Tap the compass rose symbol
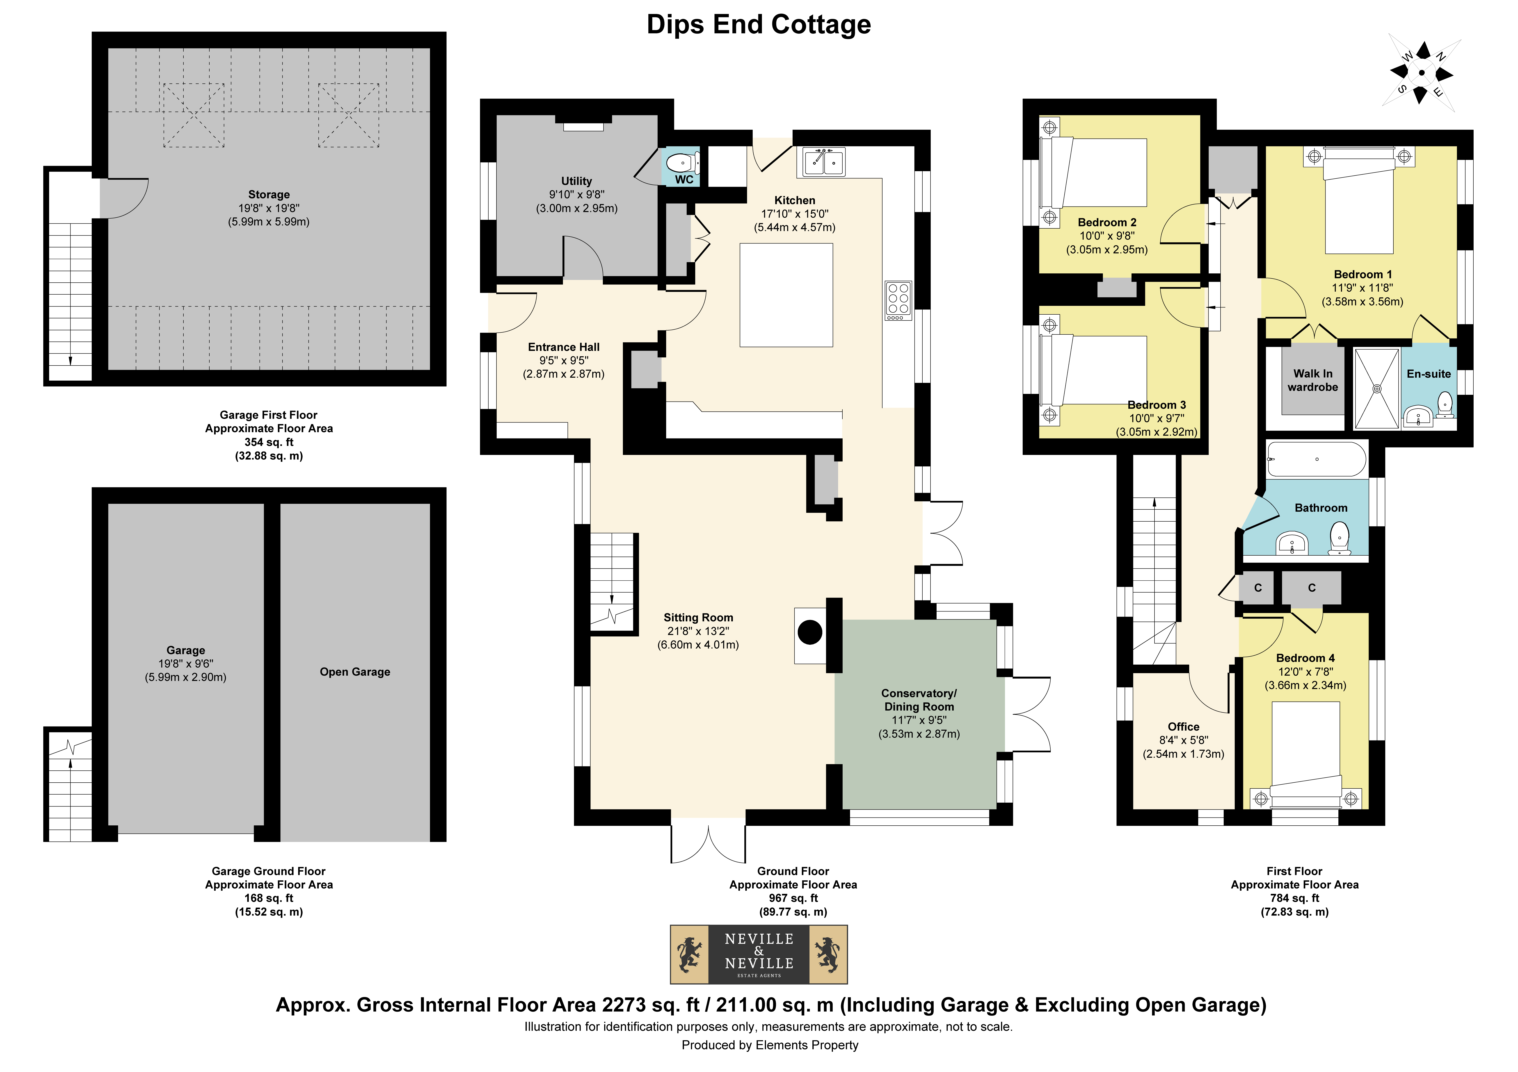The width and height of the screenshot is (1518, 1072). pyautogui.click(x=1422, y=73)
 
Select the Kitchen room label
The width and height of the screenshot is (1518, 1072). pyautogui.click(x=795, y=200)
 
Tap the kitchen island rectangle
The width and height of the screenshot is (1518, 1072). pyautogui.click(x=786, y=295)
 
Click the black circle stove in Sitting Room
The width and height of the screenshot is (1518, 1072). pyautogui.click(x=810, y=632)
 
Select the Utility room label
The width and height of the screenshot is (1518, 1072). pyautogui.click(x=576, y=181)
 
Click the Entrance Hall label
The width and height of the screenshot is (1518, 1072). pyautogui.click(x=564, y=347)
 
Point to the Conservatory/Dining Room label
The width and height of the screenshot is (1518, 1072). pyautogui.click(x=919, y=700)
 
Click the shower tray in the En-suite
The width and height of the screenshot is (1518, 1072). pyautogui.click(x=1377, y=389)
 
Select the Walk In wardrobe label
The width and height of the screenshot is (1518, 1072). pyautogui.click(x=1313, y=381)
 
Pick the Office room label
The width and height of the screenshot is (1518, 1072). pyautogui.click(x=1183, y=726)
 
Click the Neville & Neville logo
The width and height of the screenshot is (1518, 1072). pyautogui.click(x=759, y=954)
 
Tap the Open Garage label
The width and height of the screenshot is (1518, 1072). pyautogui.click(x=355, y=672)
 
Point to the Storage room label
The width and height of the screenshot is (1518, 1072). pyautogui.click(x=269, y=194)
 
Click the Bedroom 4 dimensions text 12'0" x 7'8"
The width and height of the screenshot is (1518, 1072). pyautogui.click(x=1306, y=672)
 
